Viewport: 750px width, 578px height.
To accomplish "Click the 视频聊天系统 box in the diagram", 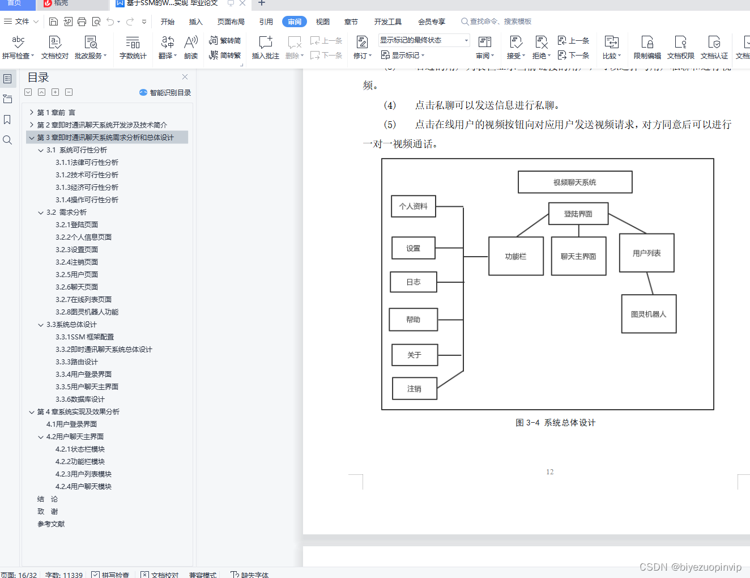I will tap(575, 182).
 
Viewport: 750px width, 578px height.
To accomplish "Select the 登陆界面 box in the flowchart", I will tap(578, 214).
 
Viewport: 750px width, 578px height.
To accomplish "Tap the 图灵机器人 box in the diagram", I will tap(649, 314).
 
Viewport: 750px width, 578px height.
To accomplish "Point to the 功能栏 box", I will tap(515, 257).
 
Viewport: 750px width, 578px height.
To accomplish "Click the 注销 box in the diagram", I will tap(415, 389).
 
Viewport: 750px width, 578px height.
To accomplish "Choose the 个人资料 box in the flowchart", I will tap(414, 206).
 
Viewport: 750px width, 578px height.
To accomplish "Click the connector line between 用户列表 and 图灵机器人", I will tap(650, 283).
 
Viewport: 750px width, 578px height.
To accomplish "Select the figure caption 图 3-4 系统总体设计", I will tap(556, 423).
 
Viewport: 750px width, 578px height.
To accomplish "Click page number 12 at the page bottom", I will tap(549, 472).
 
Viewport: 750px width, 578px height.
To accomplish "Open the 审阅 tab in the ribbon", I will tap(295, 22).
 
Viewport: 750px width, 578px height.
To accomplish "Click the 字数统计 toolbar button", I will tap(133, 48).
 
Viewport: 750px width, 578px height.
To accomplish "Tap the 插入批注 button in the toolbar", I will tap(265, 48).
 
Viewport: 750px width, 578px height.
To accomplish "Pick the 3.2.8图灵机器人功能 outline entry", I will tap(87, 312).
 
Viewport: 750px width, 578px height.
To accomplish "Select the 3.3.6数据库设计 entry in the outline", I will tap(80, 399).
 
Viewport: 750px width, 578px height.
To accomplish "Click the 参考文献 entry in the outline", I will tap(51, 524).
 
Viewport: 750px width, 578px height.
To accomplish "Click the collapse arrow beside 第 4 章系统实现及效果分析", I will tap(32, 412).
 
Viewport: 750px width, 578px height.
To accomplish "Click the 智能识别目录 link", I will tap(165, 92).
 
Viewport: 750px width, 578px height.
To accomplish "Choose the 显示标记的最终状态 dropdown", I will tap(424, 40).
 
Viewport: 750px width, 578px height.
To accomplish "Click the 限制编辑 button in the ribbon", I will tap(647, 48).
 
